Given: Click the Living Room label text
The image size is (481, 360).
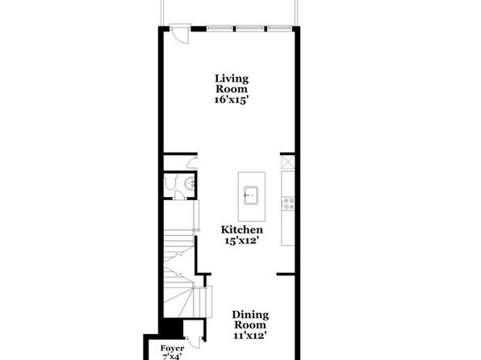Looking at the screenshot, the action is [232, 83].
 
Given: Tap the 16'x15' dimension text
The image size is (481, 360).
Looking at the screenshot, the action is [232, 100].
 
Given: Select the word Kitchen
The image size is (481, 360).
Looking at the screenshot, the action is [242, 229].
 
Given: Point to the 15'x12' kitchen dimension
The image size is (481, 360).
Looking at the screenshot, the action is [240, 241].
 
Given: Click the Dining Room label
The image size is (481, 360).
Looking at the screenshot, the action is [250, 320].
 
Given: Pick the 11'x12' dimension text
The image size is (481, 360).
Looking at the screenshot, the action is [249, 336].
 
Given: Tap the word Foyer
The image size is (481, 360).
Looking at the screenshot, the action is [172, 349].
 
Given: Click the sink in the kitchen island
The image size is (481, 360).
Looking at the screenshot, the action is [251, 195].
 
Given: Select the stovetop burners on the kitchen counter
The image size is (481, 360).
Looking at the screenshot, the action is [288, 203].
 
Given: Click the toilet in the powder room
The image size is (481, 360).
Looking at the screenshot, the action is [170, 182].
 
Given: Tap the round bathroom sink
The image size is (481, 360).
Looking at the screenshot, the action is [190, 184].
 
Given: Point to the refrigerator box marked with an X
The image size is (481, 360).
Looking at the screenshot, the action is [288, 162].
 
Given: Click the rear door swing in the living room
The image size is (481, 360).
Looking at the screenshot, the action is [179, 35].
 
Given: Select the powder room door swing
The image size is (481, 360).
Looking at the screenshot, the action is [180, 195].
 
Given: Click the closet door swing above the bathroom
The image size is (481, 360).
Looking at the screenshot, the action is [192, 163].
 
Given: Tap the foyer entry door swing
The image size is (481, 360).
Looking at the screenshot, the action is [194, 342].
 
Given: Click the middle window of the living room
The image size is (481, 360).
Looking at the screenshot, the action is [249, 28].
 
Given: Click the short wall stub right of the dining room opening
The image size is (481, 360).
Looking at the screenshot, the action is [286, 274].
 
